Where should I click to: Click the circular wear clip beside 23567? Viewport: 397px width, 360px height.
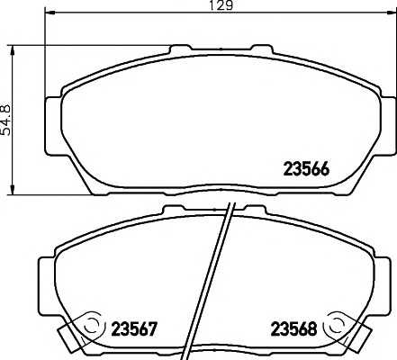pos(89,325)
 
